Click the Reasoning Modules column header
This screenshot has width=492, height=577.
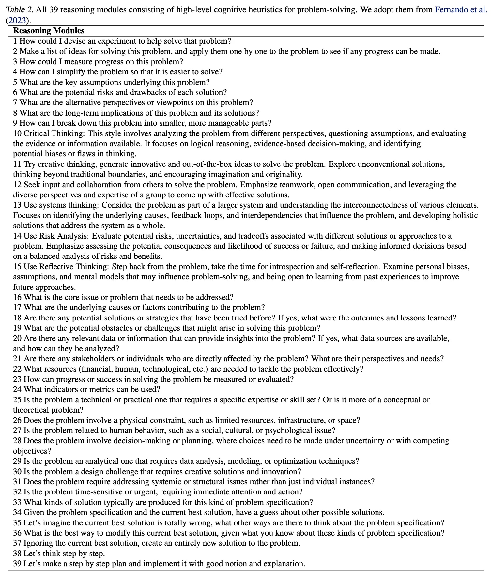(x=49, y=31)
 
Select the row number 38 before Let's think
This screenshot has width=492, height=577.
(x=17, y=554)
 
